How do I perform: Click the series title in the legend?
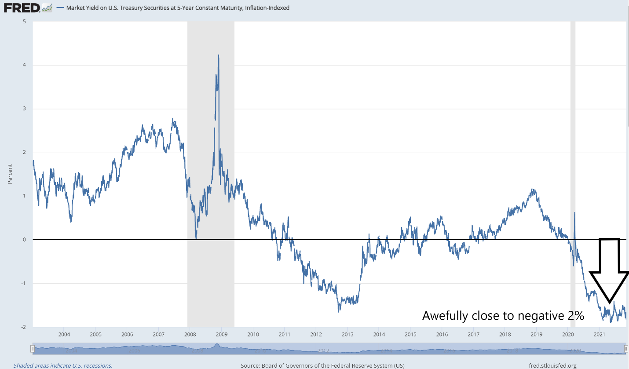pyautogui.click(x=178, y=8)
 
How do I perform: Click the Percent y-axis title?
pyautogui.click(x=10, y=174)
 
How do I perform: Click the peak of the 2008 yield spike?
pyautogui.click(x=218, y=55)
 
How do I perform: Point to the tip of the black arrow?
pyautogui.click(x=610, y=303)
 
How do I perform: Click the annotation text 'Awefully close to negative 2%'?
pyautogui.click(x=503, y=315)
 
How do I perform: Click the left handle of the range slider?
pyautogui.click(x=32, y=349)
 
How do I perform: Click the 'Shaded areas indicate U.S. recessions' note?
pyautogui.click(x=63, y=365)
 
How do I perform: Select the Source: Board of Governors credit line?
pyautogui.click(x=322, y=365)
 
